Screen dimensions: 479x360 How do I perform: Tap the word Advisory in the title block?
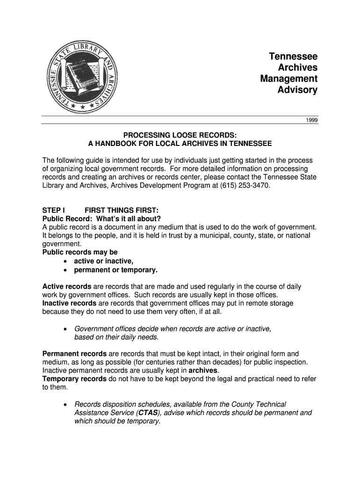pos(297,90)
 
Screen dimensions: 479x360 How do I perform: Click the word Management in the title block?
pos(288,79)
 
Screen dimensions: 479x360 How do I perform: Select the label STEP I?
pos(54,210)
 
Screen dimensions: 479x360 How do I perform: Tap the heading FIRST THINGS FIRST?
pos(121,210)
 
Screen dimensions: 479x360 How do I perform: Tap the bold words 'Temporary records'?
pos(74,379)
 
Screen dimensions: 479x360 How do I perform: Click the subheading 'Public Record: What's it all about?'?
pos(101,218)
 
